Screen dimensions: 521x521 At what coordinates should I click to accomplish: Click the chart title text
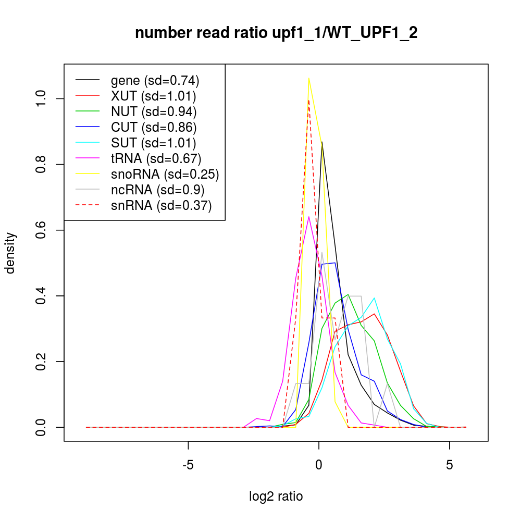(x=276, y=33)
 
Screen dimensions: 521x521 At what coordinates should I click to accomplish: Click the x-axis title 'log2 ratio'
(x=276, y=496)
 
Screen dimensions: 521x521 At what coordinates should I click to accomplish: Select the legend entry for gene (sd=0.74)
(x=155, y=80)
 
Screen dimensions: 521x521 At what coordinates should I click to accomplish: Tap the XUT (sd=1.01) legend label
(x=153, y=96)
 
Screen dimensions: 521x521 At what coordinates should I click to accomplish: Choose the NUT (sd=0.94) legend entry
(x=154, y=111)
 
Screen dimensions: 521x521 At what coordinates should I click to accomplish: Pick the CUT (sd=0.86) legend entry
(x=154, y=127)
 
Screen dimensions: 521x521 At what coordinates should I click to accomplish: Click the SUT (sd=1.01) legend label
(x=153, y=143)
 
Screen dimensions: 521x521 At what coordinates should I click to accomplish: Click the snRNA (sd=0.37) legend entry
(x=161, y=205)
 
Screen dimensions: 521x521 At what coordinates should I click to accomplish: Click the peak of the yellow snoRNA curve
(x=309, y=78)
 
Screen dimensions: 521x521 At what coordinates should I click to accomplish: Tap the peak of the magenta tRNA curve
(x=309, y=217)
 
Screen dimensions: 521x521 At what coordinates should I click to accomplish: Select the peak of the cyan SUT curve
(x=374, y=298)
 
